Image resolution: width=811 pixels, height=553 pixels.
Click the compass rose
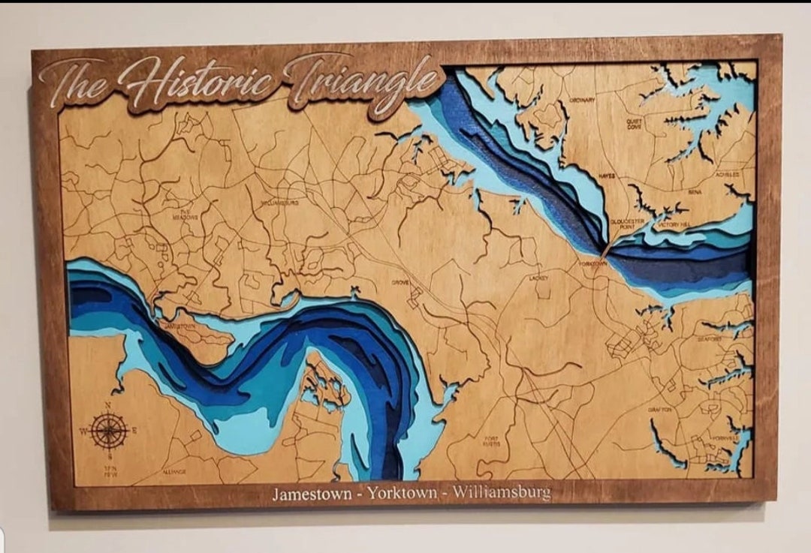(x=108, y=431)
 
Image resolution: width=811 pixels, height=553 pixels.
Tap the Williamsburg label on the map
(x=279, y=203)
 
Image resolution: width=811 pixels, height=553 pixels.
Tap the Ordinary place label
(x=582, y=100)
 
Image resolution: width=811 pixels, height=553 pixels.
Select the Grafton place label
(x=660, y=410)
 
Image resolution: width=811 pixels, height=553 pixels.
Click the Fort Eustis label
(x=491, y=440)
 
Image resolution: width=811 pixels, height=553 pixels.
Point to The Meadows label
(x=188, y=215)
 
